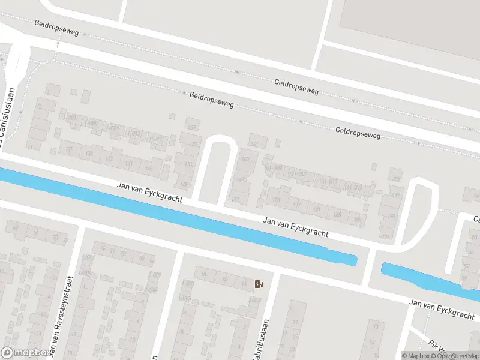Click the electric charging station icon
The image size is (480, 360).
(259, 284)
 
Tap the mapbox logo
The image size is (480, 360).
(25, 353)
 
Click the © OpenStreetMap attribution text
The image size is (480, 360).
(455, 355)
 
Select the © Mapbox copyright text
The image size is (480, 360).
(416, 355)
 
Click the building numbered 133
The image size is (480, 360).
(89, 154)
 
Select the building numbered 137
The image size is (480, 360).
(193, 145)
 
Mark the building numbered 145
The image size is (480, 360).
(149, 169)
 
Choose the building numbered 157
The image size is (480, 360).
(193, 128)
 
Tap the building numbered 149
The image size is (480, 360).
(184, 184)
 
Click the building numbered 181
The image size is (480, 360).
(316, 209)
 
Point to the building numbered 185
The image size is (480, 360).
(337, 214)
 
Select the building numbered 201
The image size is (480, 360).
(396, 179)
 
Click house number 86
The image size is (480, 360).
(204, 276)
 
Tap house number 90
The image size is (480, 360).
(224, 279)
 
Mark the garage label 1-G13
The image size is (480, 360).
(136, 134)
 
